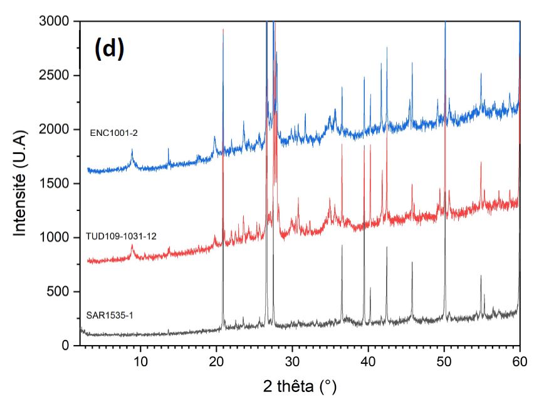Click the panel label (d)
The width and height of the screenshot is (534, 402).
(110, 49)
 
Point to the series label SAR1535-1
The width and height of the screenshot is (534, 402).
(110, 315)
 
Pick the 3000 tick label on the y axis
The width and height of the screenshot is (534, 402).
(57, 21)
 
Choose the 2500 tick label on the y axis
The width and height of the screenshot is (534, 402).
(57, 76)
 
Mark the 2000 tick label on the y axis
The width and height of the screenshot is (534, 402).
(57, 130)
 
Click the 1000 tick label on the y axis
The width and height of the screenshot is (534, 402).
(57, 238)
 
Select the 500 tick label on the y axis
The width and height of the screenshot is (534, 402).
(61, 292)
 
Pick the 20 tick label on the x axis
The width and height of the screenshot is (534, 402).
(216, 361)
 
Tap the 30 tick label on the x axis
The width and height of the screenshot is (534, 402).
(292, 361)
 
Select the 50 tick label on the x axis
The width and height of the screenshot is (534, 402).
(444, 361)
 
